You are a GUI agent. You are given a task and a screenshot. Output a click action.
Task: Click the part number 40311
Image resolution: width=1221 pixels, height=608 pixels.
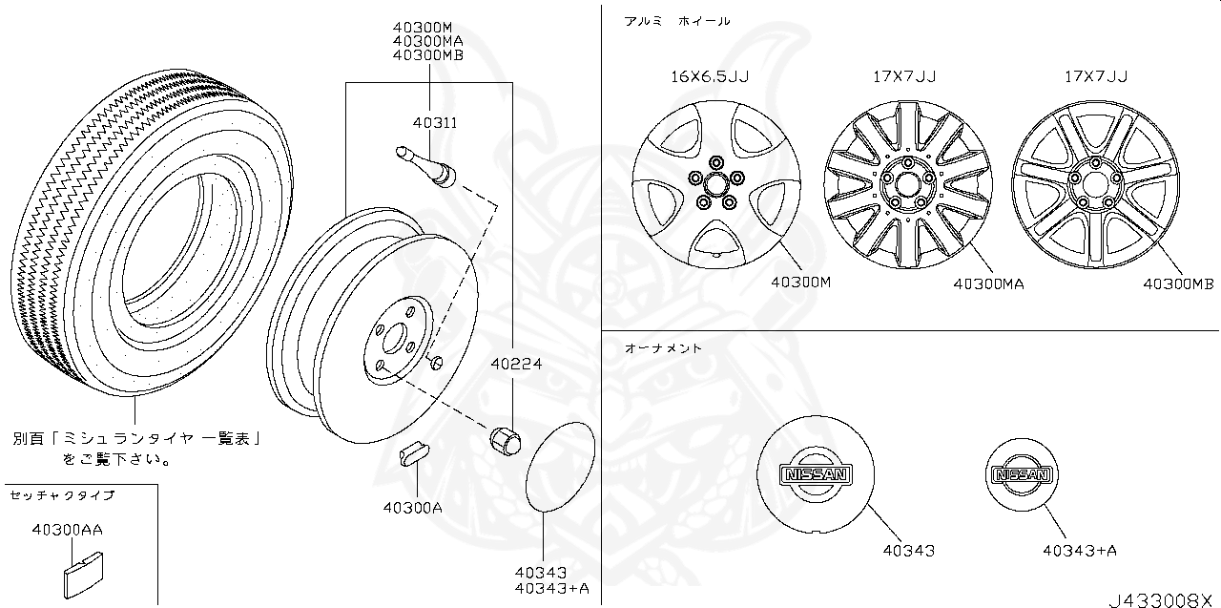pos(435,123)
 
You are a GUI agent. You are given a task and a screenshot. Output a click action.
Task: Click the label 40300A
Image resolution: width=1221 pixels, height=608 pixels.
pos(412,507)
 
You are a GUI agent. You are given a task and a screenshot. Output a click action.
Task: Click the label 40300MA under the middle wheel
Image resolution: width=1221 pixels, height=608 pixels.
pos(987,283)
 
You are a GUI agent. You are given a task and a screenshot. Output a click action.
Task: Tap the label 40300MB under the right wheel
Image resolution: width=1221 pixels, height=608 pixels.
pos(1178,283)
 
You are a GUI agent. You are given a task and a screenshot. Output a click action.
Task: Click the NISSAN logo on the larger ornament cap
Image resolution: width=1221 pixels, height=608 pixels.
pos(814,474)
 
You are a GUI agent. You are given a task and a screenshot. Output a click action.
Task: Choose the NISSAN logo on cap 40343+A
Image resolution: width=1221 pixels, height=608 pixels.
pos(1022,474)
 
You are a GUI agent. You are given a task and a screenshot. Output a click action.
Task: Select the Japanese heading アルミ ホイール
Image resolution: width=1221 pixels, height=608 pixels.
pos(676,21)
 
